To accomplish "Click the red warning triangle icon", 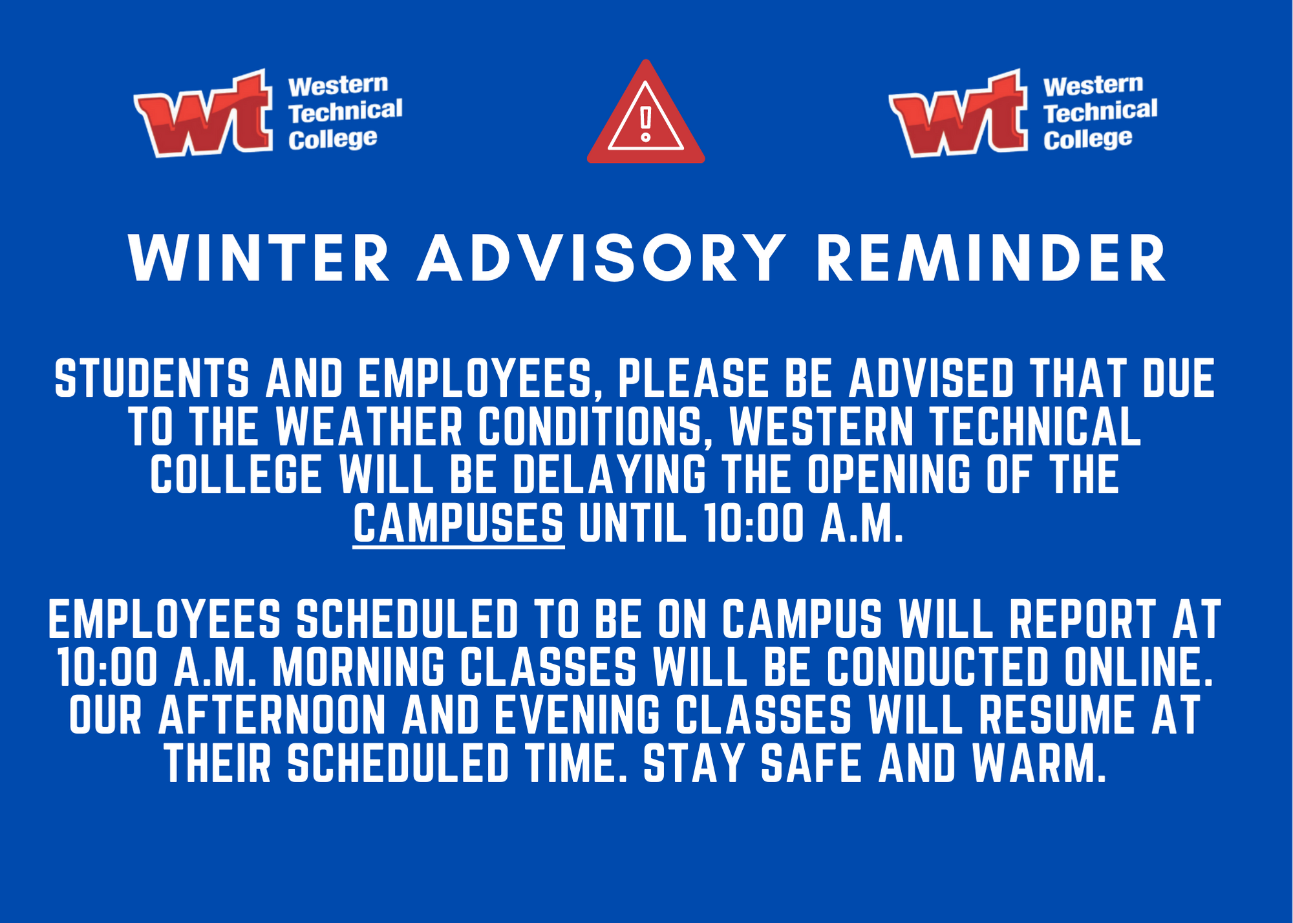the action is coord(646,114).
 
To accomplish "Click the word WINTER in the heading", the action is coord(259,258).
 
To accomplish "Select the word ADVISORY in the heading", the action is coord(602,258).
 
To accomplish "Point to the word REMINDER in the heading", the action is coord(991,258).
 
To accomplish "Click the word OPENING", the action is coord(889,474).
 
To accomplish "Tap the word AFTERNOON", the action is coord(272,716).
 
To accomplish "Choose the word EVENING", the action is coord(577,716).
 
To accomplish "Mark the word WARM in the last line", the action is coord(1040,763).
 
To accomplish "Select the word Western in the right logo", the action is coord(1093,85).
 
